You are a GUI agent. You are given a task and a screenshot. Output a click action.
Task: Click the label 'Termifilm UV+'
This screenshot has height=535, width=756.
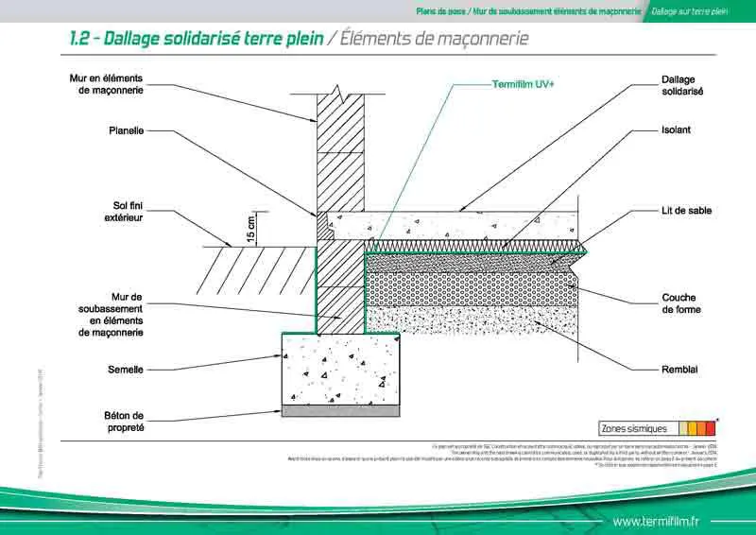[524, 84]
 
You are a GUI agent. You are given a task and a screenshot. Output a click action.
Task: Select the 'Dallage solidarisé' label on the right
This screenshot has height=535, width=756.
[682, 86]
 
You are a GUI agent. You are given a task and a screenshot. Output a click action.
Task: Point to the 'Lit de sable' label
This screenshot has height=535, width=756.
[686, 210]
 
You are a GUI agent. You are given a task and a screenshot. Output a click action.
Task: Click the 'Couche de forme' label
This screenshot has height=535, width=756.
[679, 303]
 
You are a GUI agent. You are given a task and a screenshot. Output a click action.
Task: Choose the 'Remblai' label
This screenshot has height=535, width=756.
[679, 369]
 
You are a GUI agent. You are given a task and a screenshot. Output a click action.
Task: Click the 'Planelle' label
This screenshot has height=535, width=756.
[125, 131]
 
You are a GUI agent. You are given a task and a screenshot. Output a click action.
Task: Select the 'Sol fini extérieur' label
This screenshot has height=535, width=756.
[122, 211]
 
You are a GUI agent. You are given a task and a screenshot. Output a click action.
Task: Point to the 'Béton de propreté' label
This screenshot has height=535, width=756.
[123, 421]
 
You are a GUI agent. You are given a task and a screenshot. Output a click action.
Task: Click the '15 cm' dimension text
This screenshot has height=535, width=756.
[251, 230]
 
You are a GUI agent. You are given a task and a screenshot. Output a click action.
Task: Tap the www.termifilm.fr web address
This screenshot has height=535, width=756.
[656, 521]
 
